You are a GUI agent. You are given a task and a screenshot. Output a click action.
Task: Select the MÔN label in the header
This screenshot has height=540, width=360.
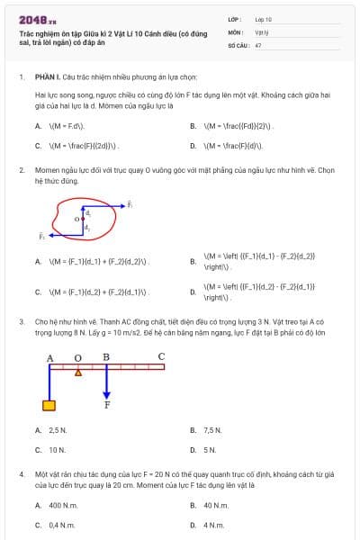236,31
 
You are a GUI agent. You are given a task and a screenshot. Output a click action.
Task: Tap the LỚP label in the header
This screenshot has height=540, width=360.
235,18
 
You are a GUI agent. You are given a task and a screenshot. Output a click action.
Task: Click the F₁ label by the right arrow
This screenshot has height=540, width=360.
130,204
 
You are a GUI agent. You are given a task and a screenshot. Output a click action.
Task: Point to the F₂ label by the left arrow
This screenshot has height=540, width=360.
40,236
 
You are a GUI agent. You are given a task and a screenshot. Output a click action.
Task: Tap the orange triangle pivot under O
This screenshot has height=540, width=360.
78,372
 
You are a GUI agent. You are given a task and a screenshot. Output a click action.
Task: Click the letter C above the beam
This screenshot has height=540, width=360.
161,356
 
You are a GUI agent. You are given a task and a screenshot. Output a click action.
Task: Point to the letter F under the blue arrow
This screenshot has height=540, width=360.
107,406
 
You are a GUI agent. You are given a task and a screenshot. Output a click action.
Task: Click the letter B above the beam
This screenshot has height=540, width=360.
106,356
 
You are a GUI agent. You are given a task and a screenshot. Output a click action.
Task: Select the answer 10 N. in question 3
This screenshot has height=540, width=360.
57,449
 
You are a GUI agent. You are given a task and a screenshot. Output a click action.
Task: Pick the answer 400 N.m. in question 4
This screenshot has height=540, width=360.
62,505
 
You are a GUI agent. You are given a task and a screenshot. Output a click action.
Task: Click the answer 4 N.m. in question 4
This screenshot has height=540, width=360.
213,524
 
